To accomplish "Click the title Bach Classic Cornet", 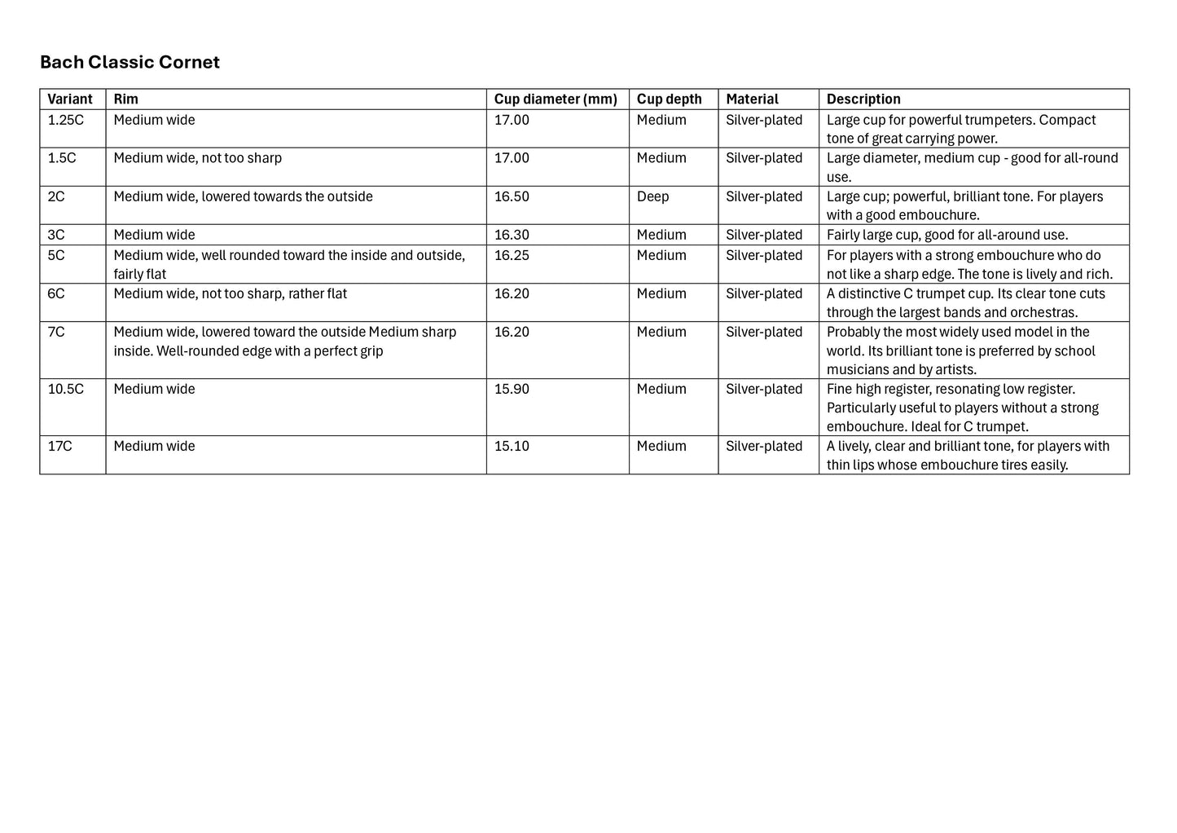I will click(130, 63).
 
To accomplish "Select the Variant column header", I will click(70, 99).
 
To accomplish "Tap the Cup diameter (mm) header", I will click(556, 99).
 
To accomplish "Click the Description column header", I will click(863, 99).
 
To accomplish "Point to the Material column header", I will click(752, 99).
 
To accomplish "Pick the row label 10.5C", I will click(66, 390).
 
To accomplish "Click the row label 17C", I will click(59, 447).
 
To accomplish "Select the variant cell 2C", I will click(56, 196).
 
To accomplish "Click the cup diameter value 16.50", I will click(512, 196).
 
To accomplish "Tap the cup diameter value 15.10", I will click(512, 447).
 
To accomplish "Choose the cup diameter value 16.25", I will click(512, 256).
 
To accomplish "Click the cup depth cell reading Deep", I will click(652, 196).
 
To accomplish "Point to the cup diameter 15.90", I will click(512, 390).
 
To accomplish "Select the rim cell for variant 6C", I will click(230, 294).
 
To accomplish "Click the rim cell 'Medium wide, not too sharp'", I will click(197, 158).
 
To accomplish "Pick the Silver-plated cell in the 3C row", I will click(764, 236).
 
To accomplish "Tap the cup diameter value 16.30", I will click(512, 236).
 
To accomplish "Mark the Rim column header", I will click(125, 99).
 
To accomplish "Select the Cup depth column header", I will click(669, 99).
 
